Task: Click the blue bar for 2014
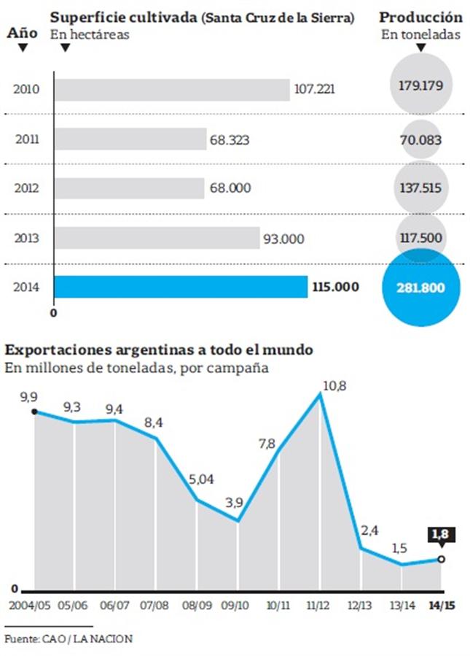(x=181, y=287)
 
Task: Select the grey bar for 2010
(x=172, y=90)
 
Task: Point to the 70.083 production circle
(x=421, y=139)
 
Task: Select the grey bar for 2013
(x=157, y=238)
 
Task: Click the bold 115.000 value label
(x=336, y=287)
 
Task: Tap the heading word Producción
(x=421, y=18)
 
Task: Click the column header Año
(x=22, y=33)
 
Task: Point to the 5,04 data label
(x=200, y=480)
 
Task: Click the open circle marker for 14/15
(x=441, y=559)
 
